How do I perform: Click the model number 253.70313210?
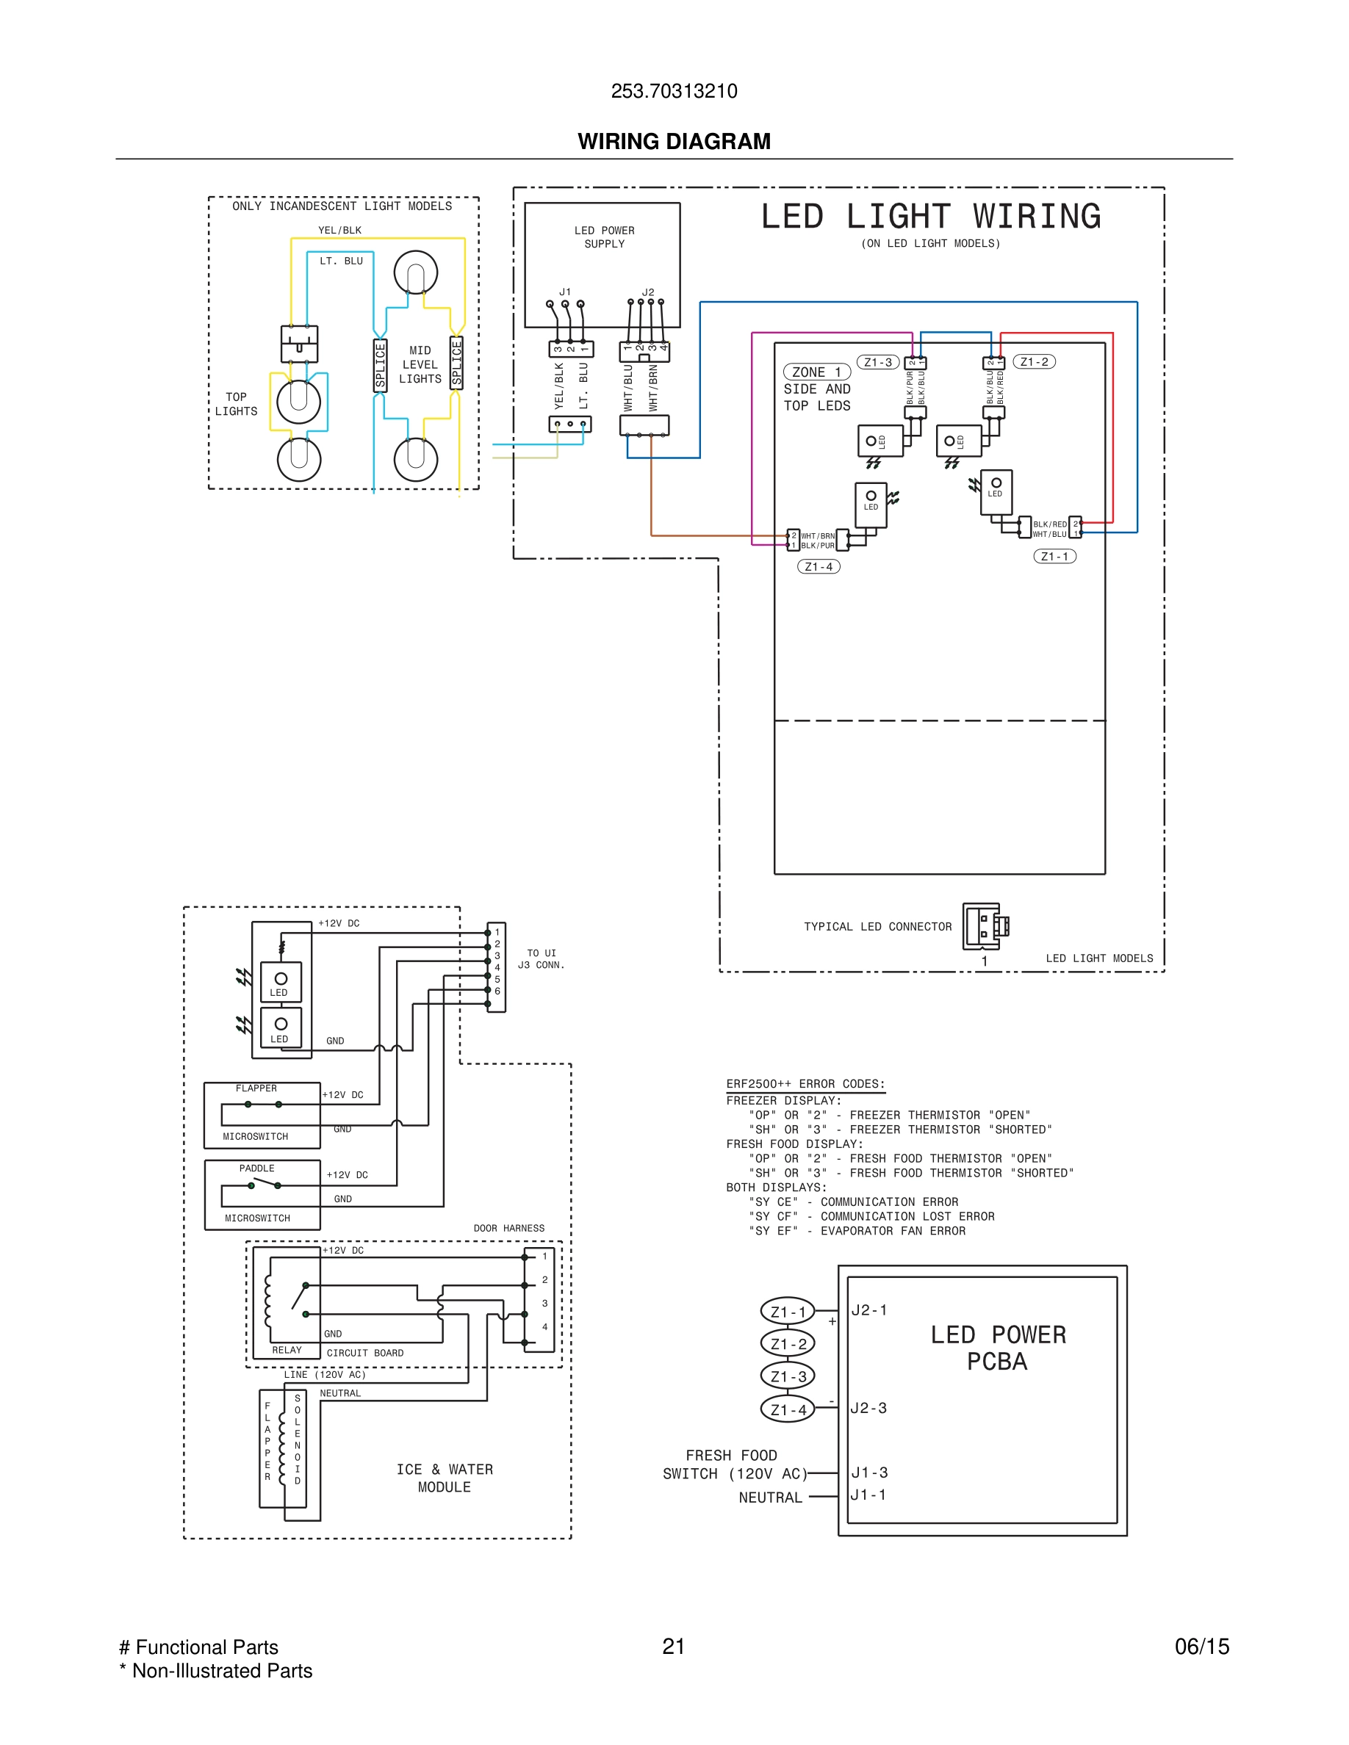pyautogui.click(x=674, y=91)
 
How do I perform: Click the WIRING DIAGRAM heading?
pyautogui.click(x=674, y=142)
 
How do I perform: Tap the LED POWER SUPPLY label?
pyautogui.click(x=604, y=237)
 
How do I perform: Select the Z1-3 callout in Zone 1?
pyautogui.click(x=877, y=363)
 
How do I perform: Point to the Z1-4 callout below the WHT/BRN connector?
pyautogui.click(x=819, y=566)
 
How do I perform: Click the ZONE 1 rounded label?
pyautogui.click(x=816, y=372)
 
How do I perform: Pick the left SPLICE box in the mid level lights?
pyautogui.click(x=381, y=365)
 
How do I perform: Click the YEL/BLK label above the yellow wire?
pyautogui.click(x=339, y=230)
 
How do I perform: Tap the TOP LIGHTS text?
pyautogui.click(x=236, y=404)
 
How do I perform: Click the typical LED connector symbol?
pyautogui.click(x=985, y=926)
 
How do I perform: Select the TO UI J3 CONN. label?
pyautogui.click(x=541, y=958)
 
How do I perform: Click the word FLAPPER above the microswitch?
pyautogui.click(x=256, y=1088)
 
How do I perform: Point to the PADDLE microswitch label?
pyautogui.click(x=256, y=1168)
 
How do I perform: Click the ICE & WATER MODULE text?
pyautogui.click(x=445, y=1478)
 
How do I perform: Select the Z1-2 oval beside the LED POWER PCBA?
pyautogui.click(x=788, y=1344)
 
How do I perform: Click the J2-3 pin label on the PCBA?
pyautogui.click(x=868, y=1408)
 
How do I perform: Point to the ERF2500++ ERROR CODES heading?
pyautogui.click(x=805, y=1084)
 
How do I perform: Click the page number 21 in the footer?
pyautogui.click(x=674, y=1646)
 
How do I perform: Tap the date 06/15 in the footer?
pyautogui.click(x=1201, y=1646)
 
